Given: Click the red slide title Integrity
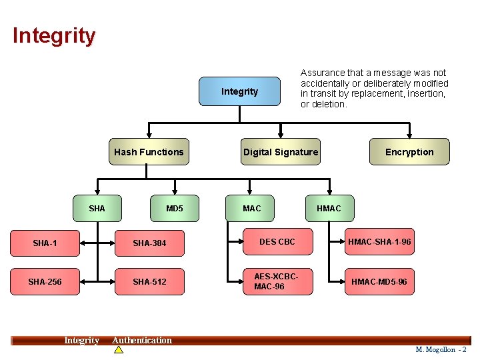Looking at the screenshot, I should point(54,35).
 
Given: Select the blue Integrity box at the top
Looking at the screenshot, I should point(240,91).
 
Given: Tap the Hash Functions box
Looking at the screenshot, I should point(149,152).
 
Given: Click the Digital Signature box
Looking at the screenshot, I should point(281,152).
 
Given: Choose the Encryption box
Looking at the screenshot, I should point(409,152).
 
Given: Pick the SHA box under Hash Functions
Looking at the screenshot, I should point(97,209).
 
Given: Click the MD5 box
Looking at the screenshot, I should point(175,209).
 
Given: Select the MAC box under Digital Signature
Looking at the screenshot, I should point(252,209).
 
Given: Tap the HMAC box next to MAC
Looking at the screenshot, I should point(329,209).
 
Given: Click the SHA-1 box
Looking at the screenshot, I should point(45,243).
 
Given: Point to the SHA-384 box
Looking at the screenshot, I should point(149,243).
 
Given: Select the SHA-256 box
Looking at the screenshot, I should point(45,282).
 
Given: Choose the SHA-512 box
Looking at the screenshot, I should point(149,282).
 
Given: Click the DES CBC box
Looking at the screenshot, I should point(277,242).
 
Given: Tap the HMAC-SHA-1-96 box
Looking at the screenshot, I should point(380,242).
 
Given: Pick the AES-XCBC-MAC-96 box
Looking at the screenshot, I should point(277,281).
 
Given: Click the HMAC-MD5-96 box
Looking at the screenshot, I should point(380,281).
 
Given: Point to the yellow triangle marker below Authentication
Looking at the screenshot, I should point(119,349).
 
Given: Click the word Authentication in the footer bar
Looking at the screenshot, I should point(142,341).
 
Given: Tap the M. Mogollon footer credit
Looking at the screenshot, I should point(441,349).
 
